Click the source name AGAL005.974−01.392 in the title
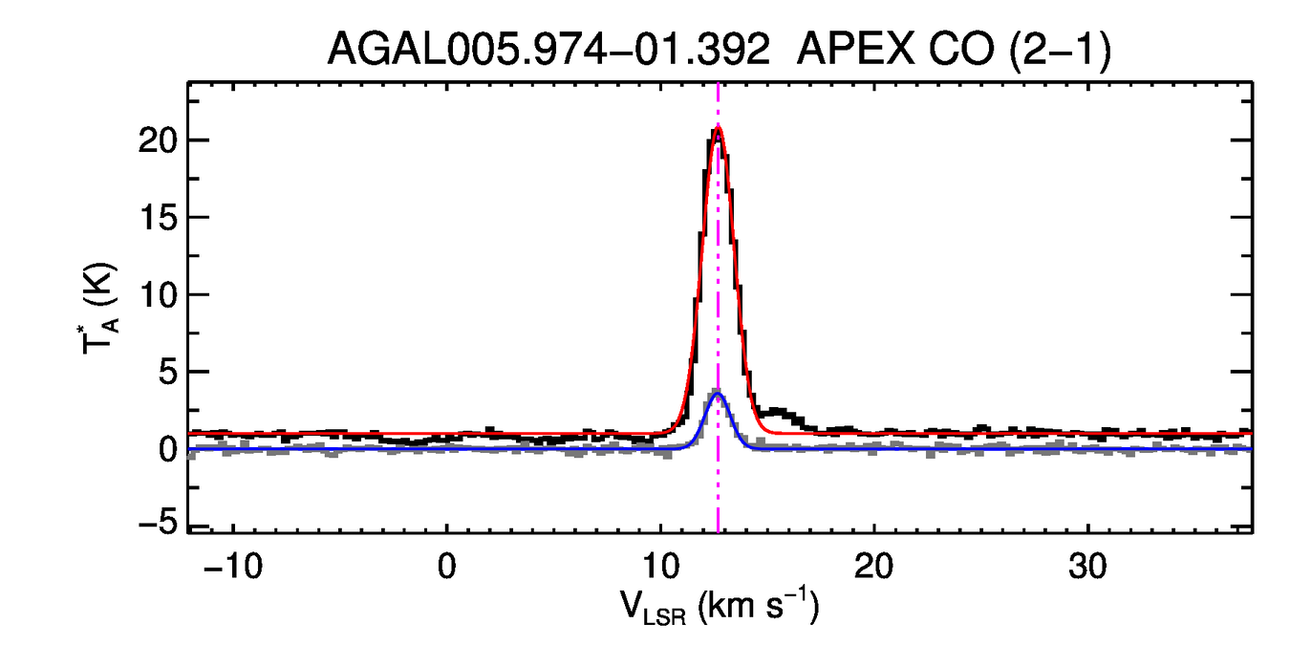coord(548,50)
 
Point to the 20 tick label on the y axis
coord(158,140)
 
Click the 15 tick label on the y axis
coord(158,218)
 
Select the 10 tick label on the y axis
coord(158,294)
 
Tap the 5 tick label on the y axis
coord(168,372)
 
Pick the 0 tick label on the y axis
coord(168,449)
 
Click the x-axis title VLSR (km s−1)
coord(719,608)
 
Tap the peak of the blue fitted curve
coord(718,393)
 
